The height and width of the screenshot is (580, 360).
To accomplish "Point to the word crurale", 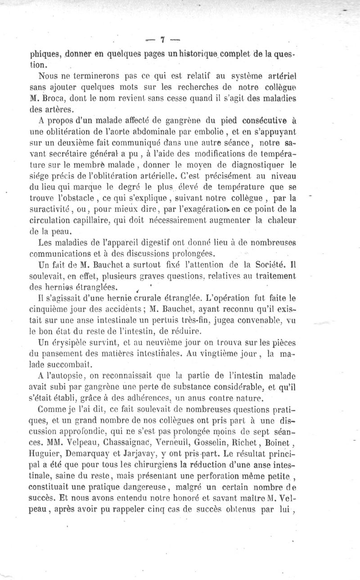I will pyautogui.click(x=153, y=298).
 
